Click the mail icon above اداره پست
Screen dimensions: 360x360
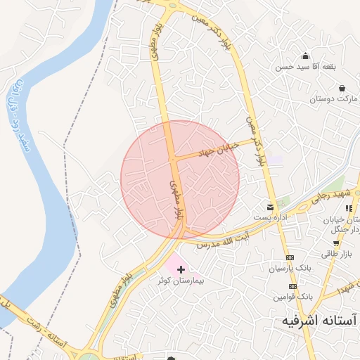[x=270, y=207]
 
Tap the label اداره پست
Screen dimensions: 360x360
[x=270, y=217]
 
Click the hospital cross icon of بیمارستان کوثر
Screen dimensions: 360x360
[x=182, y=269]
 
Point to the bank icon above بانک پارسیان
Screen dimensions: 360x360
[x=290, y=257]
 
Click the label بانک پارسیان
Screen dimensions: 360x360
[x=290, y=269]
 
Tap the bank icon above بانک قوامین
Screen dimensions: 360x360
[x=293, y=287]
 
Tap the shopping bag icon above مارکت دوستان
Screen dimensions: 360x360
[x=342, y=89]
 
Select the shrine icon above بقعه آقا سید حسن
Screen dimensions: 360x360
[x=305, y=56]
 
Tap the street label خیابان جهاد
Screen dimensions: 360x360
[x=218, y=148]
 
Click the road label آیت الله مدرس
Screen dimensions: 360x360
[x=228, y=241]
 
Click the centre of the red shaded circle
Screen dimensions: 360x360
[x=180, y=179]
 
